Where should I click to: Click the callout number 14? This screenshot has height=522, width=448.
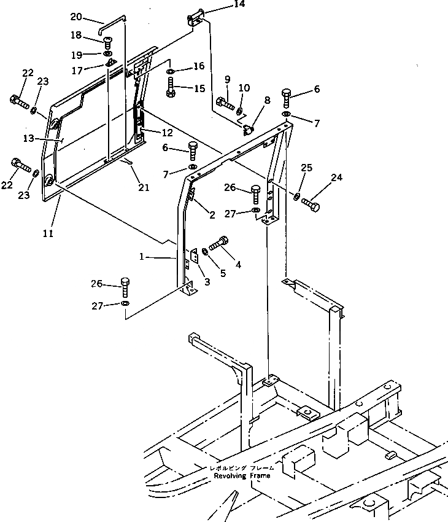click(222, 5)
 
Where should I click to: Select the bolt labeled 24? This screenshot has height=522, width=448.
click(311, 205)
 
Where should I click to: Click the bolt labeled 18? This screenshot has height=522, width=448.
click(108, 42)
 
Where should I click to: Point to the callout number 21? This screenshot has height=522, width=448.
click(143, 187)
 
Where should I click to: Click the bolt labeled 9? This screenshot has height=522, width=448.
click(225, 104)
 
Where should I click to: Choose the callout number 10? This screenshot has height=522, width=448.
click(244, 88)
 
